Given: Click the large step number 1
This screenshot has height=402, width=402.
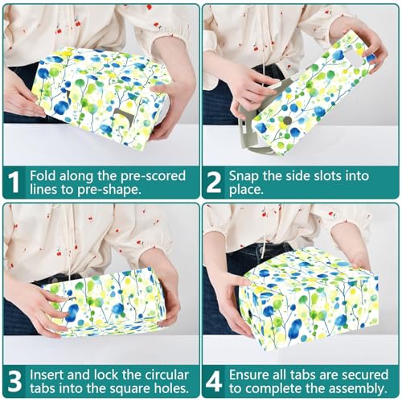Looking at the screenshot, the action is pyautogui.click(x=14, y=183).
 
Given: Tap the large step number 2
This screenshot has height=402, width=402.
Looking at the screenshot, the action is pyautogui.click(x=214, y=183).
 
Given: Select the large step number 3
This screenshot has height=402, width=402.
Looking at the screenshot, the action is pyautogui.click(x=14, y=381).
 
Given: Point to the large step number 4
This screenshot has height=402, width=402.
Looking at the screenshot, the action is pyautogui.click(x=214, y=381).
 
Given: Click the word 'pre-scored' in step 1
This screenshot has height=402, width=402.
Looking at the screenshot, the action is pyautogui.click(x=153, y=176).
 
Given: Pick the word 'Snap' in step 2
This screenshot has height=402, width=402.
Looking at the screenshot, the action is pyautogui.click(x=244, y=176).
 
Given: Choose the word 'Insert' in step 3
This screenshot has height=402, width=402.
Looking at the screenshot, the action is pyautogui.click(x=47, y=375).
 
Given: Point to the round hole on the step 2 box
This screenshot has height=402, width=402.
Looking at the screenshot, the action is pyautogui.click(x=287, y=120).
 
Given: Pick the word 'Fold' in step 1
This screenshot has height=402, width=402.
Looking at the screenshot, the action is pyautogui.click(x=43, y=176).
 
